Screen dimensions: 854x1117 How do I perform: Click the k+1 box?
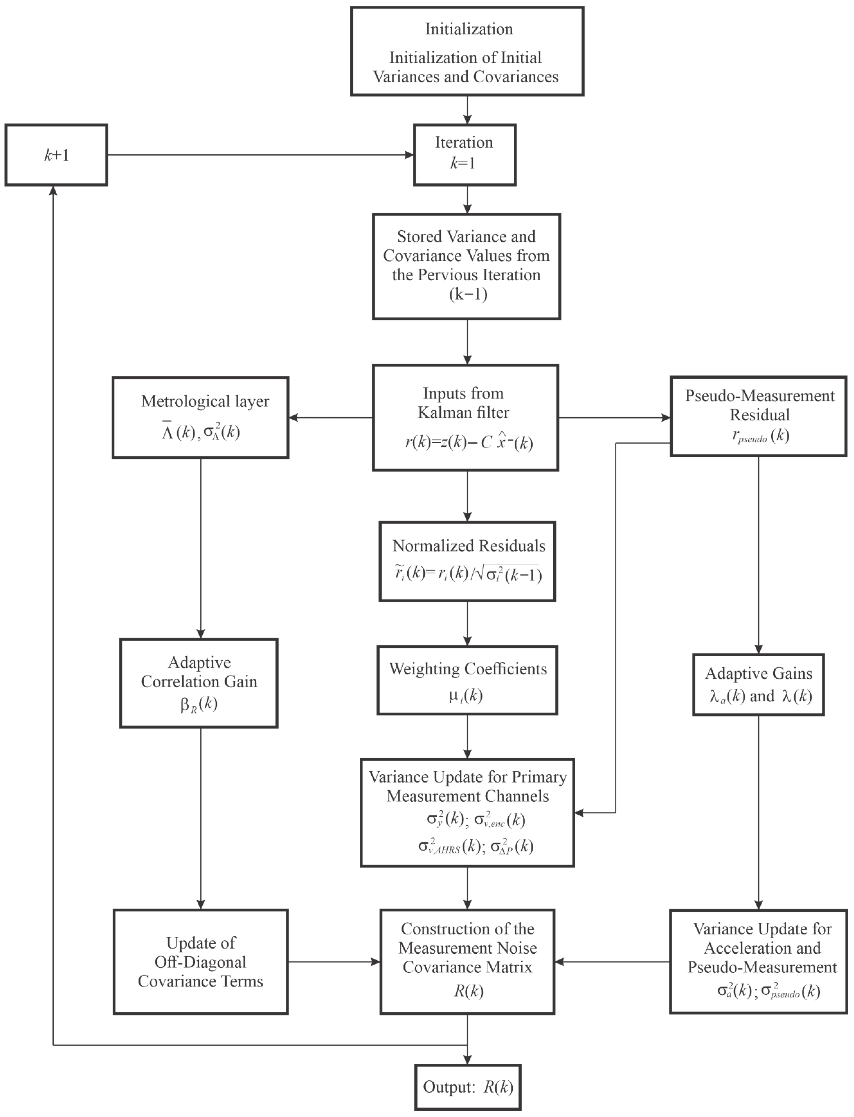point(56,155)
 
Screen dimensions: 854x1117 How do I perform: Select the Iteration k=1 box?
point(465,155)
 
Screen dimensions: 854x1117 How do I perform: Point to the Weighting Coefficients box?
point(467,680)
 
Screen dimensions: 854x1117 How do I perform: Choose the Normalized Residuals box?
point(467,561)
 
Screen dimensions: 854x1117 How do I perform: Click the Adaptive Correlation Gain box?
point(199,683)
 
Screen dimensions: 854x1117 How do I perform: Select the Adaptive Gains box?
point(758,684)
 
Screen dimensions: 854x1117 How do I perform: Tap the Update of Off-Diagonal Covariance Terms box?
point(201,962)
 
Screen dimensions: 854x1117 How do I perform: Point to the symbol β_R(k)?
point(199,704)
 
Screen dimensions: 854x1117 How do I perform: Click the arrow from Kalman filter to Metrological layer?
point(330,418)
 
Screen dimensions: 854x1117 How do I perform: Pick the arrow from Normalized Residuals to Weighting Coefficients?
point(467,624)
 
